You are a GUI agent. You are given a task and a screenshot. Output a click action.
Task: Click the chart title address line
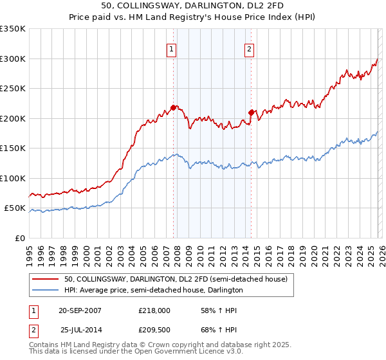pyautogui.click(x=192, y=6)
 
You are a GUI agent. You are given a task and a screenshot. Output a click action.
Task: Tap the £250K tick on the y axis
pyautogui.click(x=13, y=89)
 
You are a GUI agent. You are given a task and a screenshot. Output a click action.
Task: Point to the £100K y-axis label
pyautogui.click(x=13, y=178)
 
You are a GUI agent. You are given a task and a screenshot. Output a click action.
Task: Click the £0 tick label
pyautogui.click(x=19, y=238)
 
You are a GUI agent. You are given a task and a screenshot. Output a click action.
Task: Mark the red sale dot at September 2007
pyautogui.click(x=173, y=108)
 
